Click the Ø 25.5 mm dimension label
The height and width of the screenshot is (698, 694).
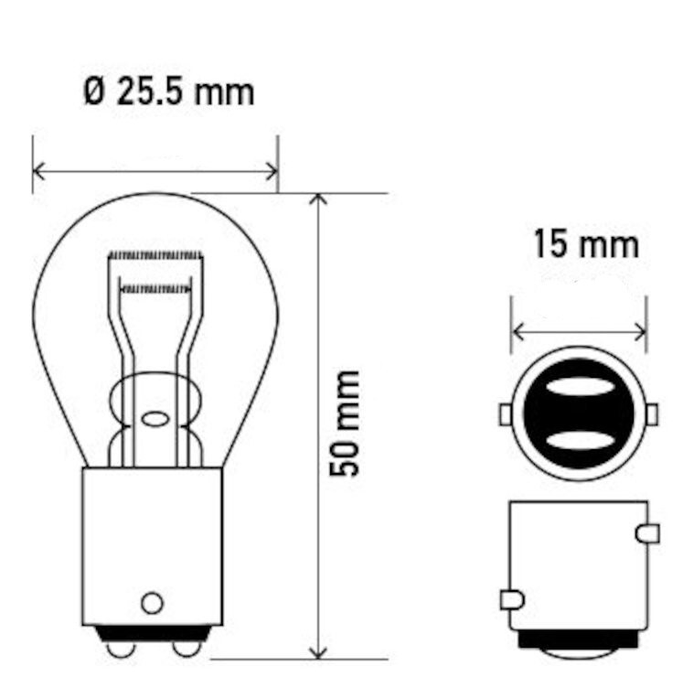pyautogui.click(x=169, y=92)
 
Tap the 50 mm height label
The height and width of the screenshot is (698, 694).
pyautogui.click(x=344, y=424)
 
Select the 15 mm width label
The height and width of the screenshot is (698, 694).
pyautogui.click(x=586, y=243)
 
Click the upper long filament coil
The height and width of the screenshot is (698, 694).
pyautogui.click(x=155, y=255)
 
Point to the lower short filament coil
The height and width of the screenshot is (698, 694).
pyautogui.click(x=155, y=289)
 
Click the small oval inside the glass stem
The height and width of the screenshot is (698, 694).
pyautogui.click(x=155, y=419)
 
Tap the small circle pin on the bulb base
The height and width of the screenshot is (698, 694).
pyautogui.click(x=152, y=603)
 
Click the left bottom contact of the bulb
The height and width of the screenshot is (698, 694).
pyautogui.click(x=121, y=649)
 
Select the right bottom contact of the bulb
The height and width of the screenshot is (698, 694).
pyautogui.click(x=187, y=649)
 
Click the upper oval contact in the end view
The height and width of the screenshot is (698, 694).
pyautogui.click(x=579, y=386)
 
